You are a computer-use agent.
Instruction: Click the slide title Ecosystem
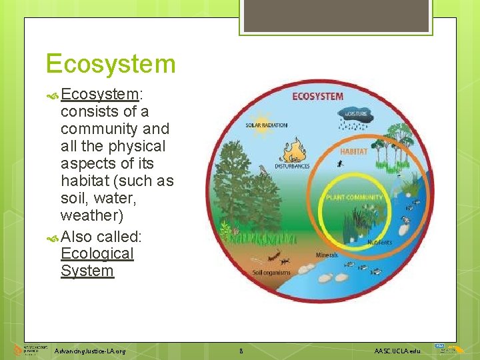tap(111, 64)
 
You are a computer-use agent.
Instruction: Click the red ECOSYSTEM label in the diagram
tap(317, 96)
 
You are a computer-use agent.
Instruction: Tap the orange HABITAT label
tap(353, 151)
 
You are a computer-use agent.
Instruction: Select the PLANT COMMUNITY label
tap(354, 197)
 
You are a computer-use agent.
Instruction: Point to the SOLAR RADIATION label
tap(267, 125)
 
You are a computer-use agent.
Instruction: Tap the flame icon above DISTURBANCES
tap(293, 151)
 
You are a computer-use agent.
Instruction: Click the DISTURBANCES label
tap(291, 166)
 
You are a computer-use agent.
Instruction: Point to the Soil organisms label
tap(271, 272)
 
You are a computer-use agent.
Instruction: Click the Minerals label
tap(327, 255)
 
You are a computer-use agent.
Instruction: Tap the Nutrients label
tap(379, 243)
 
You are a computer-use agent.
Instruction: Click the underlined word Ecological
tap(97, 254)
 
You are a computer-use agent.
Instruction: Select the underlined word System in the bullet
tap(87, 271)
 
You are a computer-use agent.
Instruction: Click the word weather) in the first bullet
tap(91, 215)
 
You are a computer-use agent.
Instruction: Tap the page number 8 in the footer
tap(241, 351)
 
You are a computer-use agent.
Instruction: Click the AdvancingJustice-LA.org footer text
tap(90, 351)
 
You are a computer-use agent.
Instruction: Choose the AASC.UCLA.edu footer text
tap(397, 351)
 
